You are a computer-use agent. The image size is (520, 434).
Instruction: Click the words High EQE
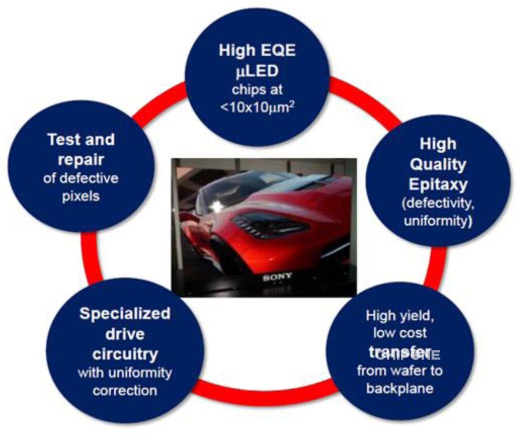(x=256, y=51)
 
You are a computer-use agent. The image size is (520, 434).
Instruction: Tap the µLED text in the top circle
(x=256, y=71)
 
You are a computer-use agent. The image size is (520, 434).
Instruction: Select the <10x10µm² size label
(x=256, y=107)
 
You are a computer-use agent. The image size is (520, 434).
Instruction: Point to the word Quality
(x=438, y=164)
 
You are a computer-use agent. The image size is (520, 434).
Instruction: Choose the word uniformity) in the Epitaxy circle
(x=438, y=220)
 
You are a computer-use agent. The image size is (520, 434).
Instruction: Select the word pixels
(x=81, y=196)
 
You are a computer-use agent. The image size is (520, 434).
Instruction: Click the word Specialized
(x=125, y=314)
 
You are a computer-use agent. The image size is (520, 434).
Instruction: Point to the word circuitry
(x=125, y=354)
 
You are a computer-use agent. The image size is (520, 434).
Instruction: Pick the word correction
(x=125, y=390)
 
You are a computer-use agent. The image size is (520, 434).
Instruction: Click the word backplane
(x=399, y=388)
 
